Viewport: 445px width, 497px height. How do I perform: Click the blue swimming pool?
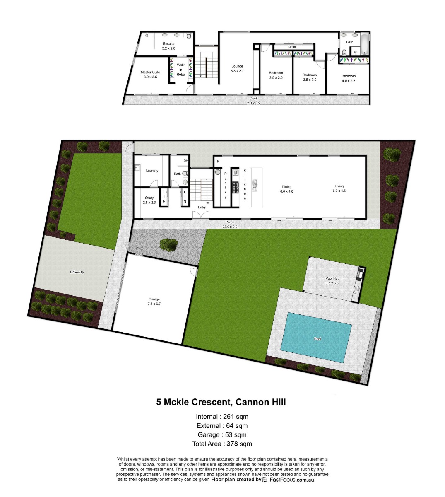click(316, 338)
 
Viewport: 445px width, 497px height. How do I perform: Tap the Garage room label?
click(154, 301)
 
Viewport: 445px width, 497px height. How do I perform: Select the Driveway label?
click(77, 272)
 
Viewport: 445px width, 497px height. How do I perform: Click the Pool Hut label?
click(332, 281)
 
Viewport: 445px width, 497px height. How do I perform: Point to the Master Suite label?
click(150, 75)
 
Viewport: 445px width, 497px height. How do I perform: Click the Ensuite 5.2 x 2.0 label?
click(168, 46)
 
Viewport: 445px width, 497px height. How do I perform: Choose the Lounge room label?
click(237, 68)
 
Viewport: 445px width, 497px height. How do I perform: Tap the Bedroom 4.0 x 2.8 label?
click(349, 78)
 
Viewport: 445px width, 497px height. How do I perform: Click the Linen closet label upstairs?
click(292, 47)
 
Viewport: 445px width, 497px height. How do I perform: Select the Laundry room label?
click(152, 171)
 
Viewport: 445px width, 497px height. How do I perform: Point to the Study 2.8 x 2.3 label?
click(149, 200)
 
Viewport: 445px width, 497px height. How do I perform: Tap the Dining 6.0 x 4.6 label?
click(286, 189)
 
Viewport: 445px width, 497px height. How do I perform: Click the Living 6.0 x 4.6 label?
click(339, 188)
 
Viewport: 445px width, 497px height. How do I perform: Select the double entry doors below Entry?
click(200, 215)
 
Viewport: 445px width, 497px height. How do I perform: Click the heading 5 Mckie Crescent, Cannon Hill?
click(221, 402)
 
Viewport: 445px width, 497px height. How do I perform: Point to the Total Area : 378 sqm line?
click(222, 444)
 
